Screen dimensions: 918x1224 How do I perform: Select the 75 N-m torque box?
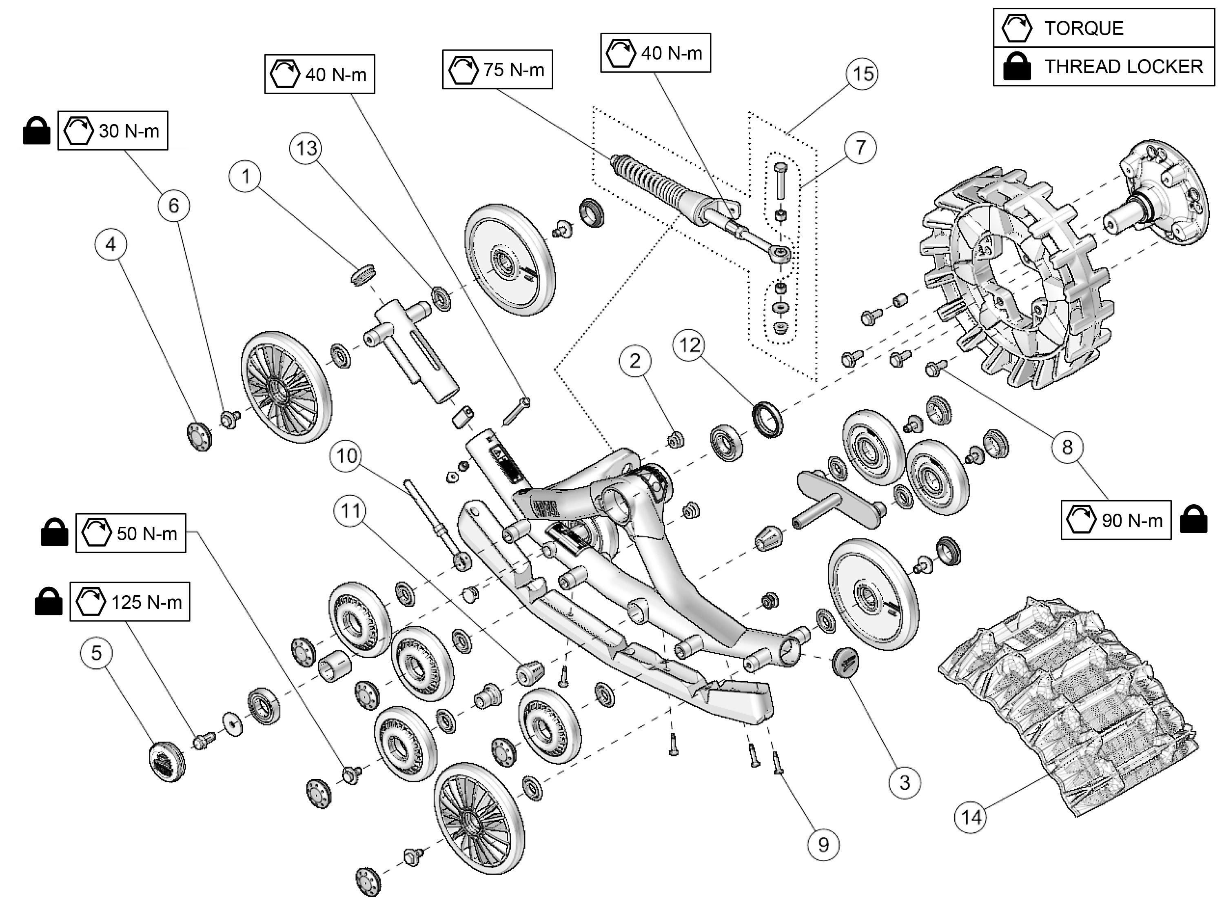tap(497, 70)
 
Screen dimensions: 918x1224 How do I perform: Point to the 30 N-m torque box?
tap(113, 131)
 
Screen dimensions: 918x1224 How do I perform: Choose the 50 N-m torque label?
tap(131, 533)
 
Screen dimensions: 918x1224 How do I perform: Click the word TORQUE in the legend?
tap(1084, 28)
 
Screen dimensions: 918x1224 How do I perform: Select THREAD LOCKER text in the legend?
tap(1123, 67)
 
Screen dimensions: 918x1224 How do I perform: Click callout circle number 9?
tap(823, 845)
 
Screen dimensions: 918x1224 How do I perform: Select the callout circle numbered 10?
tap(347, 456)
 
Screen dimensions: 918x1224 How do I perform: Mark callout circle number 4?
tap(111, 244)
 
